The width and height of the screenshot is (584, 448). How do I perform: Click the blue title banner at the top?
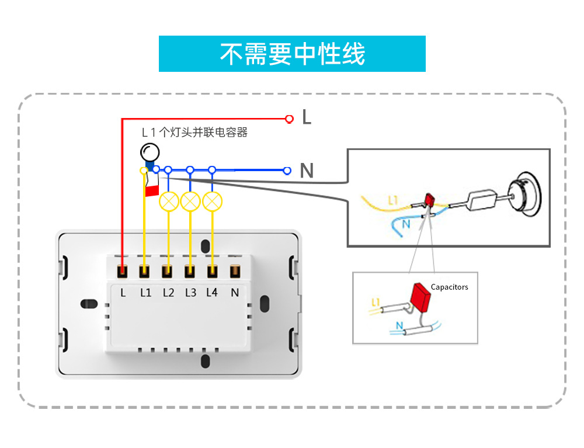point(292,54)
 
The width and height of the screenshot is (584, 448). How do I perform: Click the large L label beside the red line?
point(307,117)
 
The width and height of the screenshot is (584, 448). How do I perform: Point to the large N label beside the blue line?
point(307,171)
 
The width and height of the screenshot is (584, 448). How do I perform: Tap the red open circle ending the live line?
point(288,119)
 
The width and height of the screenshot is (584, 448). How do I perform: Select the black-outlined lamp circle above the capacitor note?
point(150,152)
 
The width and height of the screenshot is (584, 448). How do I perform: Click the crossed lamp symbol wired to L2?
point(169,202)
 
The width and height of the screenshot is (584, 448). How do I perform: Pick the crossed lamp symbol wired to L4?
point(213,202)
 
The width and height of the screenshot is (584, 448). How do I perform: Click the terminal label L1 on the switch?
point(145,293)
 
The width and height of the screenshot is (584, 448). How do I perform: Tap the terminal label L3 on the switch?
point(190,293)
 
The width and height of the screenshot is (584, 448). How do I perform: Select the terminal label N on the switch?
point(235,293)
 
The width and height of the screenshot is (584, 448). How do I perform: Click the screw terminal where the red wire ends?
point(123,271)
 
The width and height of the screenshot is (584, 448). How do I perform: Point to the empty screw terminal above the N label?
point(235,271)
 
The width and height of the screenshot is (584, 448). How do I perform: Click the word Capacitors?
point(449,287)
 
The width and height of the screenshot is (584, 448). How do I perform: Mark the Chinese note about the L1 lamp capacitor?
point(195,133)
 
